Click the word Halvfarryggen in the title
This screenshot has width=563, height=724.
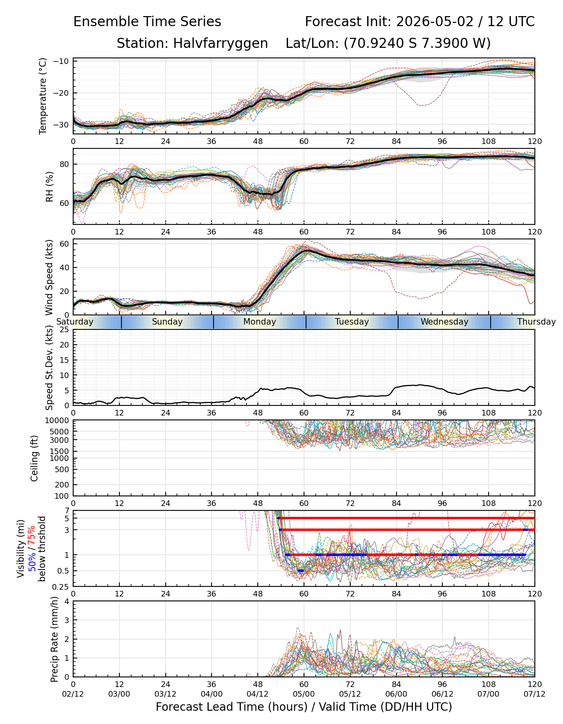coord(220,43)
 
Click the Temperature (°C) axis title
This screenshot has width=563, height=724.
coord(43,96)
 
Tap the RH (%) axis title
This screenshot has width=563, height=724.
coord(49,186)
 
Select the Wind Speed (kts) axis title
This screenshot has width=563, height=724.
coord(49,278)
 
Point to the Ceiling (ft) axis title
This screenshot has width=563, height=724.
coord(35,458)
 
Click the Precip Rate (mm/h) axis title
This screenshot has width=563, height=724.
coord(54,639)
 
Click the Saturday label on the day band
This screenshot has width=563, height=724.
coord(75,322)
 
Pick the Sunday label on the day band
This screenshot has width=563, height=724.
coord(167,322)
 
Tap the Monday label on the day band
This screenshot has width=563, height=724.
coord(260,322)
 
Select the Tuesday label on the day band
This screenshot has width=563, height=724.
coord(352,322)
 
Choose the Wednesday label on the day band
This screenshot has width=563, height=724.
coord(444,322)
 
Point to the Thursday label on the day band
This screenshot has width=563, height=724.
coord(536,322)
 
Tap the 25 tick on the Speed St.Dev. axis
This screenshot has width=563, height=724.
coord(65,330)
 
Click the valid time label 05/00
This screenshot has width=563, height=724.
coord(304,694)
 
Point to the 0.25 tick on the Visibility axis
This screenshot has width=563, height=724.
coord(62,586)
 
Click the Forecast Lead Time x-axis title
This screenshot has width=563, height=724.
coord(304,707)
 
